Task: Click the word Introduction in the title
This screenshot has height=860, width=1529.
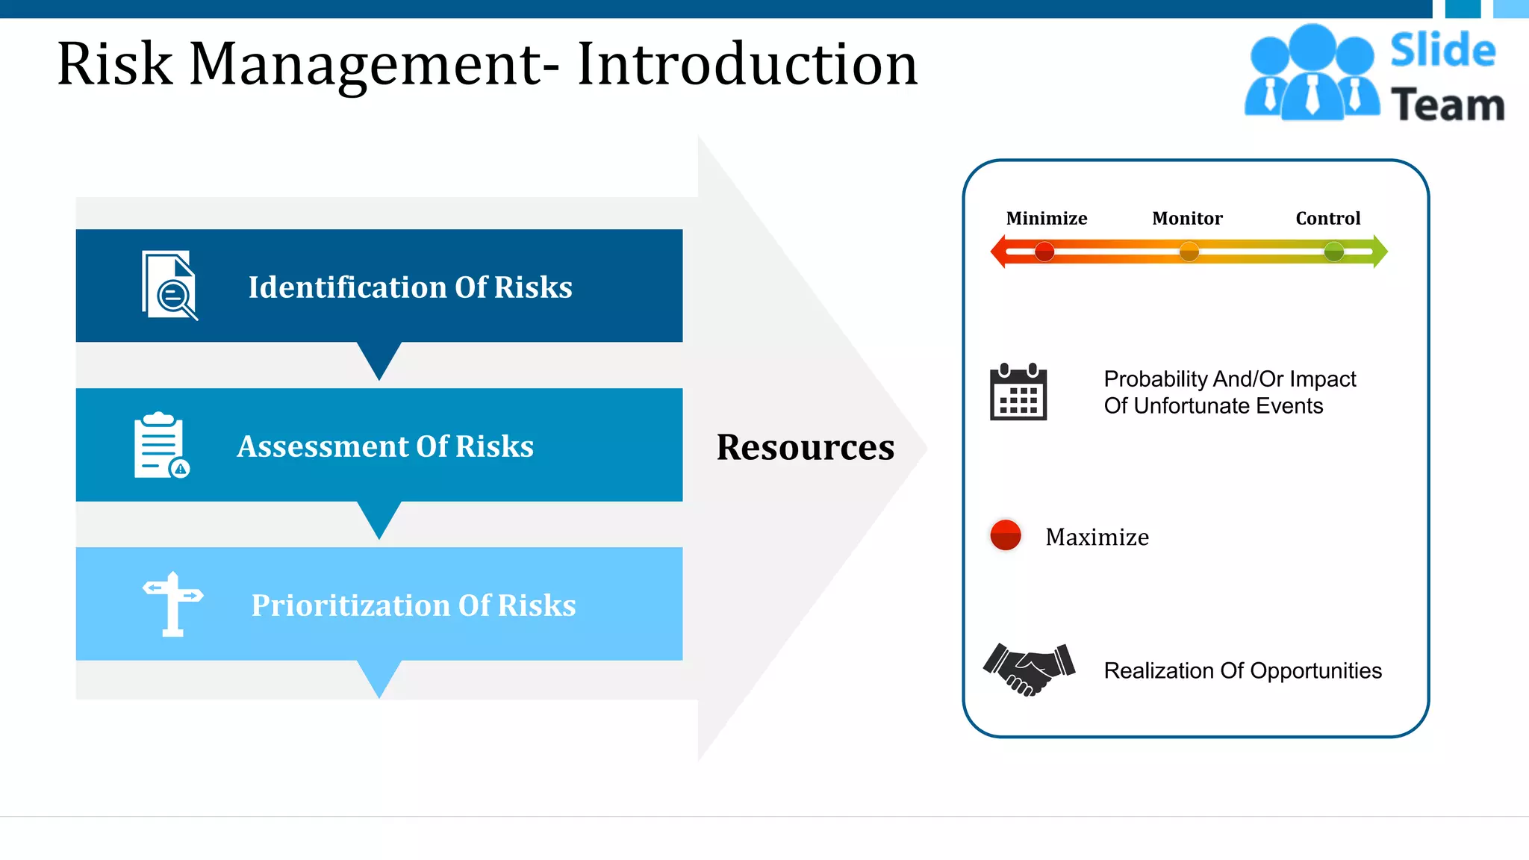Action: click(747, 65)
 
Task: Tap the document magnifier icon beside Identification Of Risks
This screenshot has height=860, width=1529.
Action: click(169, 286)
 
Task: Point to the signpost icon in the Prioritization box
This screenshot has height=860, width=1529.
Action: click(172, 604)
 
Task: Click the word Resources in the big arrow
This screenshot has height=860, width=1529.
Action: click(805, 447)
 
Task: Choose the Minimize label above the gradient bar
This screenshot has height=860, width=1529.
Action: click(1046, 219)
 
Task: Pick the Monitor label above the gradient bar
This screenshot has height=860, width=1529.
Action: click(1187, 219)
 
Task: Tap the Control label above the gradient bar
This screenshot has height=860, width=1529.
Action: click(1327, 219)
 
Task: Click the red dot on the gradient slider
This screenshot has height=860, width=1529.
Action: click(1044, 252)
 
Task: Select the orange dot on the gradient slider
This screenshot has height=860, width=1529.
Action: click(1189, 252)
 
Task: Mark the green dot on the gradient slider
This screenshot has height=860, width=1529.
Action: click(1333, 252)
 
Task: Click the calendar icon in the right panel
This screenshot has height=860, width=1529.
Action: click(1018, 393)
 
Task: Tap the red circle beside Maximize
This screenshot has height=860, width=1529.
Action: click(1005, 535)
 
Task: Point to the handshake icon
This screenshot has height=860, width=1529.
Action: click(1029, 669)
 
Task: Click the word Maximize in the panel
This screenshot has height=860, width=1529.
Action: click(1097, 537)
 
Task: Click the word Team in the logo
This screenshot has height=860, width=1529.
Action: click(1447, 105)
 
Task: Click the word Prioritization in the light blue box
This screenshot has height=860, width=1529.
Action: click(350, 605)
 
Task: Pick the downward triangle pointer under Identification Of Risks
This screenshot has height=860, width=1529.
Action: click(379, 358)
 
